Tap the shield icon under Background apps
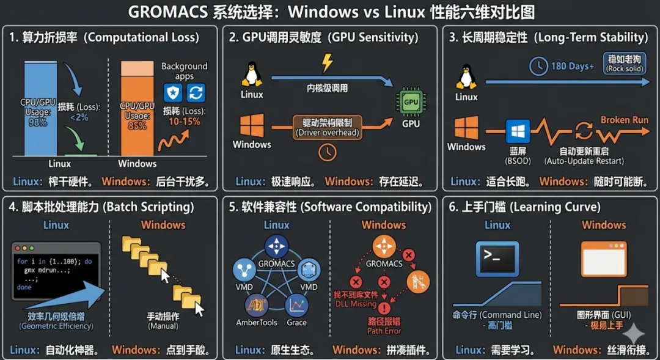(x=173, y=93)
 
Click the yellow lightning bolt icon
(x=328, y=63)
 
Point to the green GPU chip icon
(x=411, y=101)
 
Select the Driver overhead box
(x=328, y=127)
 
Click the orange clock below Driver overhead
(x=328, y=152)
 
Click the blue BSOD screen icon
(x=518, y=132)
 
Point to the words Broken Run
(x=624, y=120)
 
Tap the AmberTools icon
(x=257, y=306)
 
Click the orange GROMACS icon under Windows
(x=384, y=246)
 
